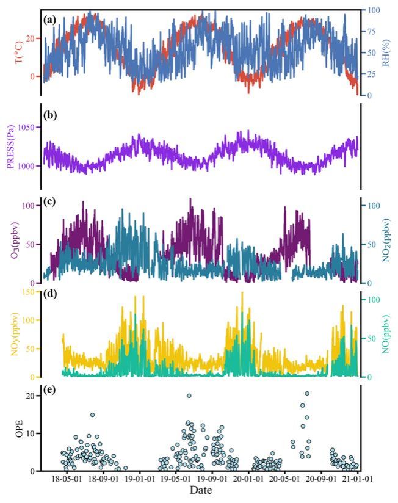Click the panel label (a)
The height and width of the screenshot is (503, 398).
coord(50,20)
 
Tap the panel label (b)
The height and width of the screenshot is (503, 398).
coord(50,114)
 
